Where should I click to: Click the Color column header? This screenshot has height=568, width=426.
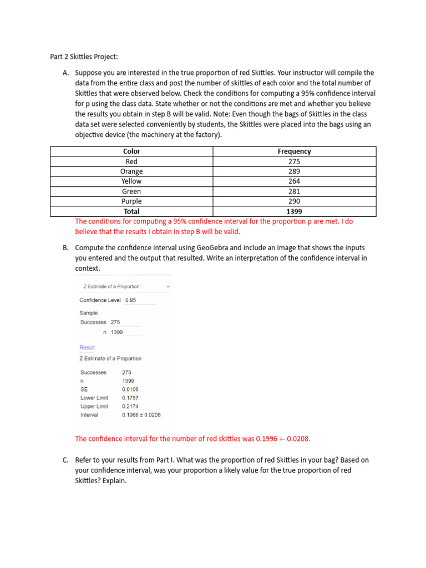click(x=131, y=151)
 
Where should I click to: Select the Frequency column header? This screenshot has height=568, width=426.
click(x=294, y=151)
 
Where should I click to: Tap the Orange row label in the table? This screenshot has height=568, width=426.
click(x=131, y=171)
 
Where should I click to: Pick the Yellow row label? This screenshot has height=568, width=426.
click(x=131, y=181)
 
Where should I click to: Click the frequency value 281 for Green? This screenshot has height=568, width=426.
click(x=294, y=191)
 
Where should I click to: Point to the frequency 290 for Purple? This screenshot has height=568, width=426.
click(x=294, y=201)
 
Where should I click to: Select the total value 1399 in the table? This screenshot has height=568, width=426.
click(x=294, y=211)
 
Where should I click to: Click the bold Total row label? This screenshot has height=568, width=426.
click(x=131, y=211)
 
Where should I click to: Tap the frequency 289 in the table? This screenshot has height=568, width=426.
click(x=294, y=171)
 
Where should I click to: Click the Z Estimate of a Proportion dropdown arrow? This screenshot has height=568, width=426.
click(x=168, y=287)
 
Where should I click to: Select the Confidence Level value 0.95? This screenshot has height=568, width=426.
click(x=131, y=300)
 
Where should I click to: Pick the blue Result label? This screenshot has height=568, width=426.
click(x=87, y=348)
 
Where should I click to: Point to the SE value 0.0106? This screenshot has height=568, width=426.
click(x=130, y=389)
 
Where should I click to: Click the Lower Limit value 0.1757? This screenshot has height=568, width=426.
click(x=130, y=398)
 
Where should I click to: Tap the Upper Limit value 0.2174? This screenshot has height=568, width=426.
click(x=130, y=406)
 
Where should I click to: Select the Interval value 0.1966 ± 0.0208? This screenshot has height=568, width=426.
click(x=141, y=415)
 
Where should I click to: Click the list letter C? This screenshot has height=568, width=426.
click(x=66, y=460)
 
